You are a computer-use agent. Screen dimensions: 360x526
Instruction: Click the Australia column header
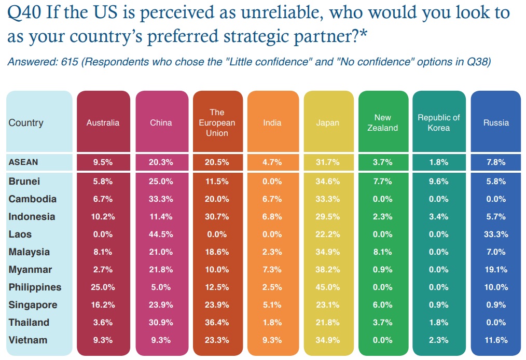pos(103,123)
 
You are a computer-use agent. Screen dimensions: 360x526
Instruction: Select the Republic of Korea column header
pos(439,123)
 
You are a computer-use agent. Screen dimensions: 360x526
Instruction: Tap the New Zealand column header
pos(383,123)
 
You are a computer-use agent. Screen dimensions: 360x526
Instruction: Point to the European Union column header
pos(217,123)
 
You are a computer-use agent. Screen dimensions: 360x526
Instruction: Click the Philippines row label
pos(35,287)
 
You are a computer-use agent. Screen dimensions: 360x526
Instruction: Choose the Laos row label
pos(20,234)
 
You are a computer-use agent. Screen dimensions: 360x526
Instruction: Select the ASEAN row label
pos(23,162)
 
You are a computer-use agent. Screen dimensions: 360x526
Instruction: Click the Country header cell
pos(26,123)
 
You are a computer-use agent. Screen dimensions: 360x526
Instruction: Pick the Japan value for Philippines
pos(327,287)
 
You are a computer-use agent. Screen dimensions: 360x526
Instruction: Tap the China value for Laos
pos(161,234)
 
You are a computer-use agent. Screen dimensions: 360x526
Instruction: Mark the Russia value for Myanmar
pos(496,269)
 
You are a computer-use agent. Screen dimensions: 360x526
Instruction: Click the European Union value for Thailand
pos(217,322)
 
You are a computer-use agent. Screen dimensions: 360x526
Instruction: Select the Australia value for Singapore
pos(103,304)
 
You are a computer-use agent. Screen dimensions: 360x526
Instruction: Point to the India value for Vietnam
pos(272,340)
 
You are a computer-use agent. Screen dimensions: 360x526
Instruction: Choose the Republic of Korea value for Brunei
pos(439,181)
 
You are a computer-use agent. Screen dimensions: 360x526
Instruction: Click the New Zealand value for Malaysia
pos(383,252)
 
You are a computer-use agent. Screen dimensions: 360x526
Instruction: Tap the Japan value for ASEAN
pos(327,162)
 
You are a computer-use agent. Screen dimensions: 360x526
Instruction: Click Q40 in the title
pos(24,13)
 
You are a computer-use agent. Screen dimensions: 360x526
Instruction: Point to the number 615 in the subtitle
pos(70,62)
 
